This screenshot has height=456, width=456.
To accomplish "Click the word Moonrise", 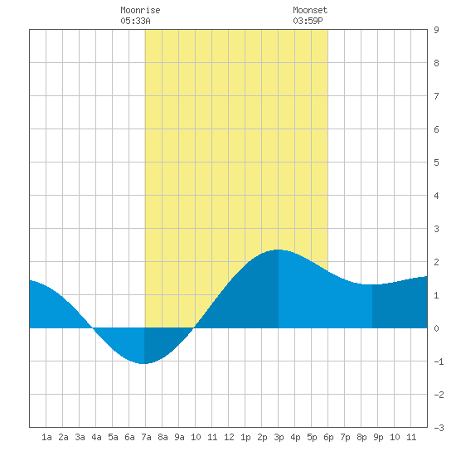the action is pyautogui.click(x=140, y=10).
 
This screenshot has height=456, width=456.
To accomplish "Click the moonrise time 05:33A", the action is pyautogui.click(x=135, y=21).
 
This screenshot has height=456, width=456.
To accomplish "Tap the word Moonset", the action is pyautogui.click(x=310, y=10).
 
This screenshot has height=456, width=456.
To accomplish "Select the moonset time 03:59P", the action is pyautogui.click(x=308, y=21).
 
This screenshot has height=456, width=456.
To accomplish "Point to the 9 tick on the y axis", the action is pyautogui.click(x=436, y=30).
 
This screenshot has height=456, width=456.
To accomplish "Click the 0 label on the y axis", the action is pyautogui.click(x=436, y=328).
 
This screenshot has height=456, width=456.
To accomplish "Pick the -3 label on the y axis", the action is pyautogui.click(x=439, y=428).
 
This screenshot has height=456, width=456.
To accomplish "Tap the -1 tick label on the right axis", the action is pyautogui.click(x=439, y=361).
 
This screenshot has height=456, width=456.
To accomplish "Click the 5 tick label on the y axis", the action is pyautogui.click(x=436, y=163).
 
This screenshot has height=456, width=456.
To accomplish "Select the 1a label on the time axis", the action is pyautogui.click(x=46, y=437).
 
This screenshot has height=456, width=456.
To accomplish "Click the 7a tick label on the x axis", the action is pyautogui.click(x=146, y=437).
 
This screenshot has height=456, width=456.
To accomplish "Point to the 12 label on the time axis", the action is pyautogui.click(x=229, y=437).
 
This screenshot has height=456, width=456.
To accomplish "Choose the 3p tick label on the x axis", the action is pyautogui.click(x=279, y=437).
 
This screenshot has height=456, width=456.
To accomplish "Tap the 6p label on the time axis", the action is pyautogui.click(x=328, y=437).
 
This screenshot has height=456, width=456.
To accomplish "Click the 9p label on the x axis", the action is pyautogui.click(x=378, y=437).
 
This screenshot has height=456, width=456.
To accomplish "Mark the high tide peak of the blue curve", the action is pyautogui.click(x=279, y=250).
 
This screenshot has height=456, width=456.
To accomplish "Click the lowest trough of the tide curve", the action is pyautogui.click(x=143, y=363).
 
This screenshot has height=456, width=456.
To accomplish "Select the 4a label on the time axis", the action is pyautogui.click(x=96, y=437).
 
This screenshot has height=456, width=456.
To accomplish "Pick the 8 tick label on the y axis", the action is pyautogui.click(x=436, y=63).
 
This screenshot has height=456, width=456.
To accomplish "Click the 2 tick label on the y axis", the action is pyautogui.click(x=436, y=262).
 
